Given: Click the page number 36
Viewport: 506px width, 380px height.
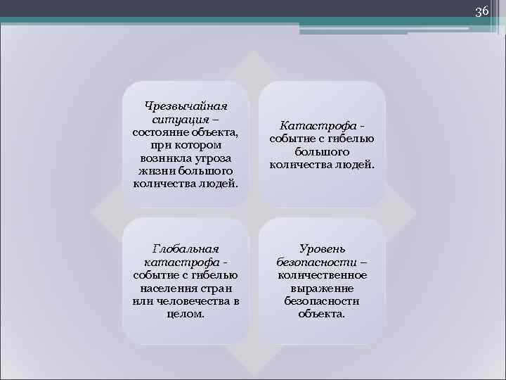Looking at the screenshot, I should tap(481, 11).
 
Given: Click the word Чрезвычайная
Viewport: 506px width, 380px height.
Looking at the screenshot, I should tap(186, 106).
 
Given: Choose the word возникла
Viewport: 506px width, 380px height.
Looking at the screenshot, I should tap(164, 158).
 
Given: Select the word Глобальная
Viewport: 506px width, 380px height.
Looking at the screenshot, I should tap(186, 249).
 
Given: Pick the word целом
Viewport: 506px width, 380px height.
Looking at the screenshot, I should tap(186, 314).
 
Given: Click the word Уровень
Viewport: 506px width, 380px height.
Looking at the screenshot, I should tap(322, 249).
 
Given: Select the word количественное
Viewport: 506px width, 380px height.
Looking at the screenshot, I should tap(322, 275).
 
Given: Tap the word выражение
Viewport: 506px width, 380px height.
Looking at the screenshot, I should tap(322, 288).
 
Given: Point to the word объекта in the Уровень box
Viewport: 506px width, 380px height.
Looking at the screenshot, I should tap(322, 314).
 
